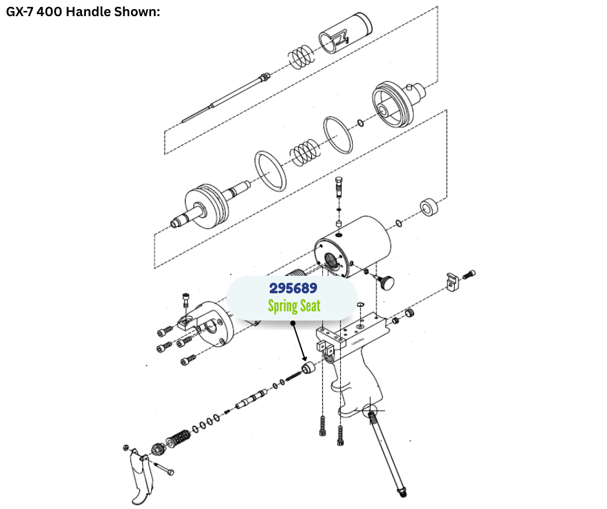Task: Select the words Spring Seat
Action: (294, 306)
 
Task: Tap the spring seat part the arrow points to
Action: (309, 368)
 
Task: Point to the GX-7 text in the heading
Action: (20, 12)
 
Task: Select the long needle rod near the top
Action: (226, 98)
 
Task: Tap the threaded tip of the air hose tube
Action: (402, 492)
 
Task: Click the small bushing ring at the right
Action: (429, 207)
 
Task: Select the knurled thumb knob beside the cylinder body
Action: (386, 282)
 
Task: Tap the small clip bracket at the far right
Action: (452, 282)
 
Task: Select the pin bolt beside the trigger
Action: (164, 468)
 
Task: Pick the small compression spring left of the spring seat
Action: (293, 375)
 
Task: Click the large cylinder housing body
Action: (353, 247)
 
